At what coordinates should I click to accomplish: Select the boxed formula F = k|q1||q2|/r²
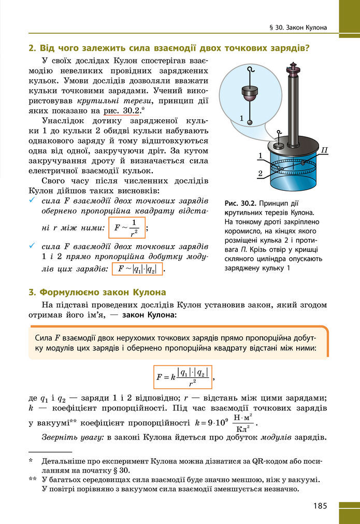183,377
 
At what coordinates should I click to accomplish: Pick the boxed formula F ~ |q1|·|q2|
137,269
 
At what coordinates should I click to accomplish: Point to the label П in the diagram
325,150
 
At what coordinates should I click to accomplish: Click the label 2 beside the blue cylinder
260,173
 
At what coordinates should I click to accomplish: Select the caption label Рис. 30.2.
240,203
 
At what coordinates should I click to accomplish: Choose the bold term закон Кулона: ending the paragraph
149,315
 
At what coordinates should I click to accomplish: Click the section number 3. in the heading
32,292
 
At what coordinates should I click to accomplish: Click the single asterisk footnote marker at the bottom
31,460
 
